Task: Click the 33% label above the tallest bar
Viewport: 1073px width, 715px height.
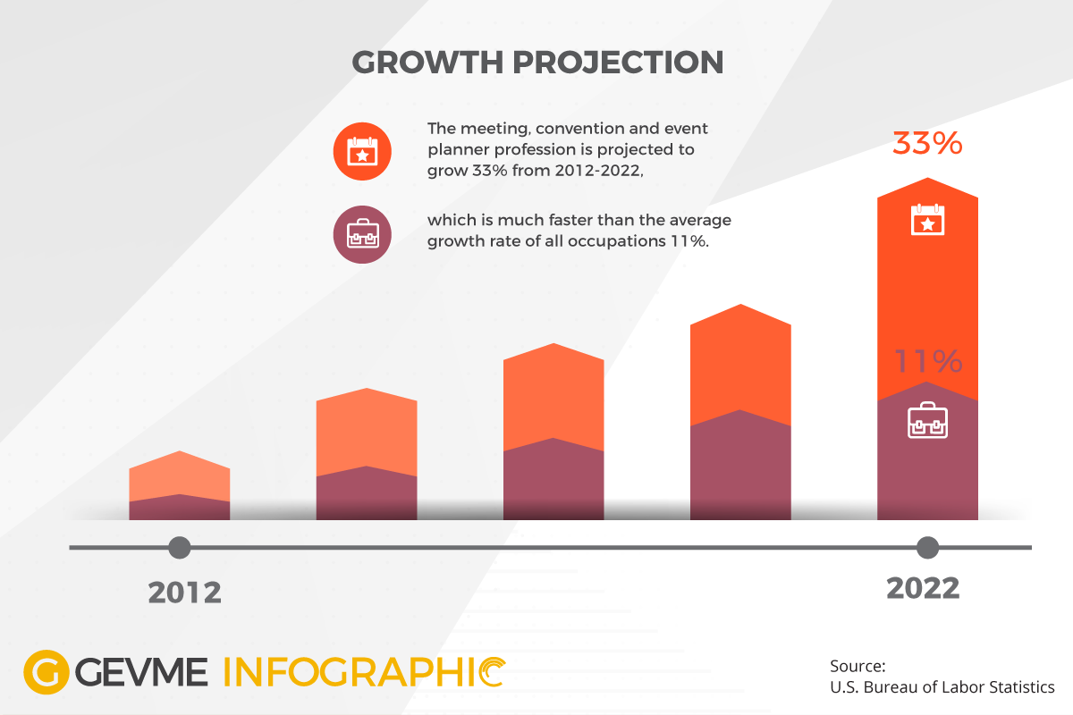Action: (927, 144)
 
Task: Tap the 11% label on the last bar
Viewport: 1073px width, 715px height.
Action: (928, 362)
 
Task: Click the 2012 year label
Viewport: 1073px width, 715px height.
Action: (184, 593)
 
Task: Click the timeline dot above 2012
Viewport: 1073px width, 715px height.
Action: (180, 547)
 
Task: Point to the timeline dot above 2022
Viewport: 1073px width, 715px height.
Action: (927, 547)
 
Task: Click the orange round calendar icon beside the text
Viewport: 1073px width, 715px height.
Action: (362, 150)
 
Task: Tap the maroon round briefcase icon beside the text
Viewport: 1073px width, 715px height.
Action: (362, 234)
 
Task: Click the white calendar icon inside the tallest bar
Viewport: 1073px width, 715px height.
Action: (927, 220)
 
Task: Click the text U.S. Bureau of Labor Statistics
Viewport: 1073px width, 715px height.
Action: (942, 687)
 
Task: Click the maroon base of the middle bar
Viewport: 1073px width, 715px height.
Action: (553, 483)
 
